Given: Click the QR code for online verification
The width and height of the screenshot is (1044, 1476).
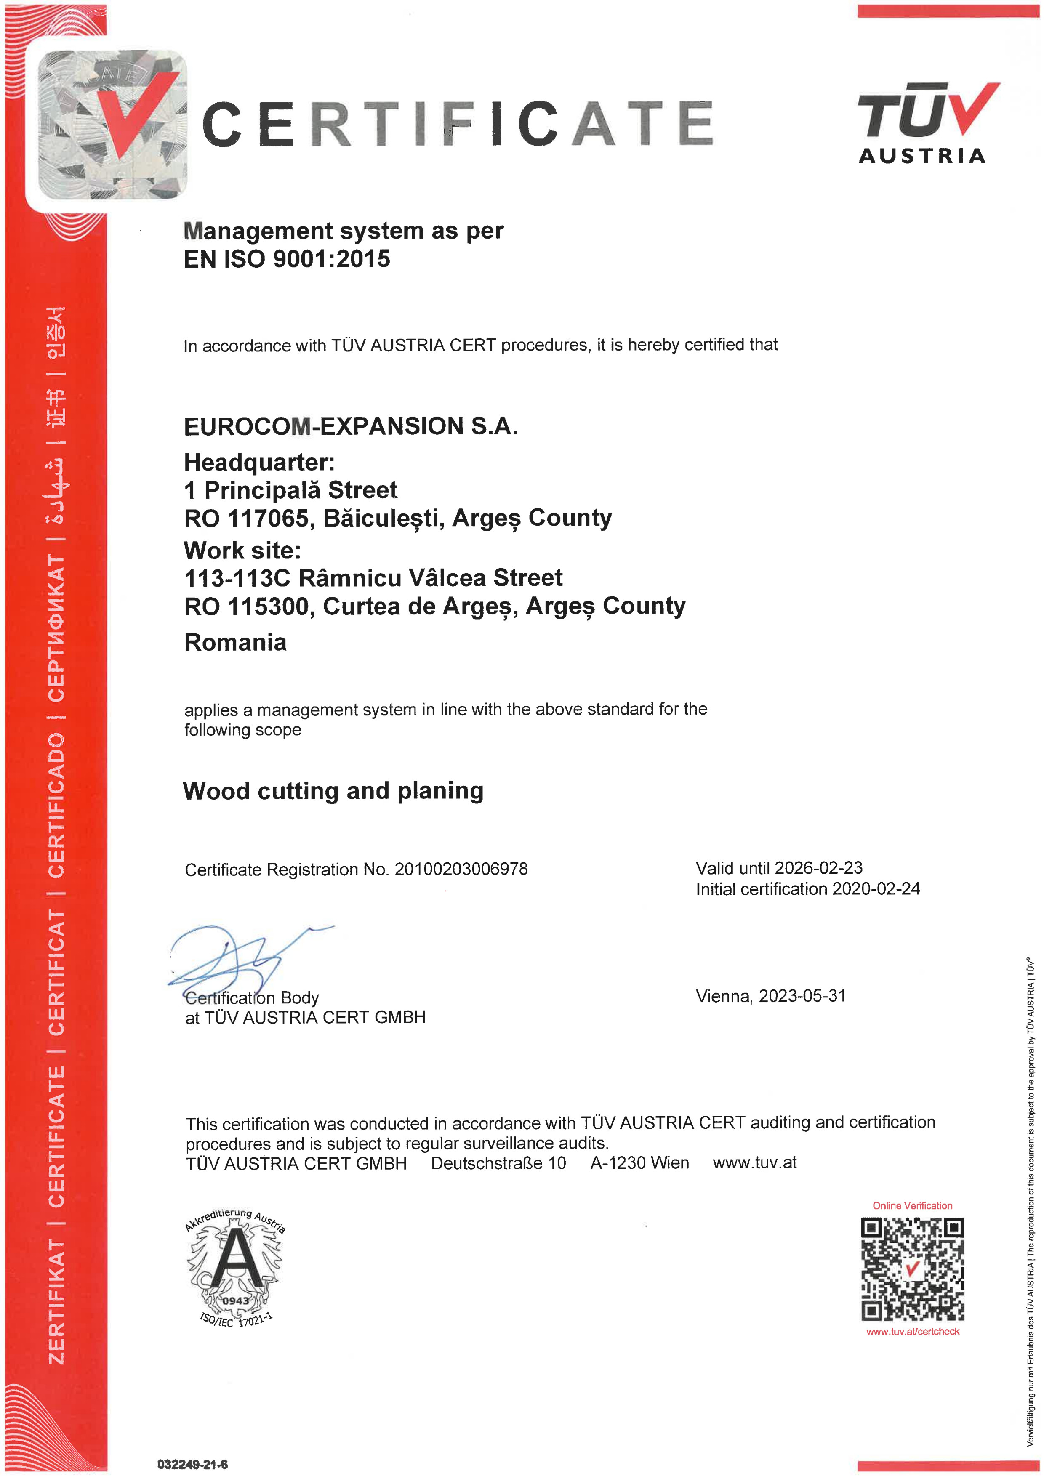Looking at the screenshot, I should click(912, 1270).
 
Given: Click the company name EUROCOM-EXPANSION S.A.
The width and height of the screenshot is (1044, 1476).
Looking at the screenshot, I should click(350, 426).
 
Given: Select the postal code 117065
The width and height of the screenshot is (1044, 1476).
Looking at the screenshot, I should click(268, 518).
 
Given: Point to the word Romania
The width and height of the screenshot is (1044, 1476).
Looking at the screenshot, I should click(235, 642).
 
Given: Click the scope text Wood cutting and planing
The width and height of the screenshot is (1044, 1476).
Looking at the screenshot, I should click(333, 791).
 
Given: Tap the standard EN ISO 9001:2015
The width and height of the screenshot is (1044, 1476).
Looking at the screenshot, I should click(287, 259).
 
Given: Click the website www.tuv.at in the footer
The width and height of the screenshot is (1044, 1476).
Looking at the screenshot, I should click(755, 1162).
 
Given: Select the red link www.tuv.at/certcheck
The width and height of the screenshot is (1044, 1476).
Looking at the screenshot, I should click(912, 1331).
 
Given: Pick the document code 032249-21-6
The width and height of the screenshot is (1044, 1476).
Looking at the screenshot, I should click(192, 1465).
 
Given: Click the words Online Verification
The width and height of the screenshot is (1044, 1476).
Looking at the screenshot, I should click(912, 1205).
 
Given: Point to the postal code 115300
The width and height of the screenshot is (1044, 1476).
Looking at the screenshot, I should click(268, 606).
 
